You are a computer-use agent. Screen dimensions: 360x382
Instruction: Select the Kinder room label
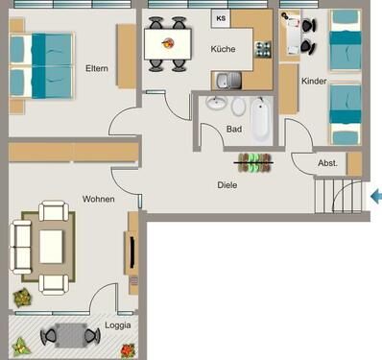point(314,82)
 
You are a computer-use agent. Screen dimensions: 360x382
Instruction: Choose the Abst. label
point(326,164)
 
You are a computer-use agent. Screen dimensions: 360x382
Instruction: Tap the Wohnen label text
point(99,200)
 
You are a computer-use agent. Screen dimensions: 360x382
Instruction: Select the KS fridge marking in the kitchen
point(221,18)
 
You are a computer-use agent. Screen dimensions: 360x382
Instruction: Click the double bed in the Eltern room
point(43,64)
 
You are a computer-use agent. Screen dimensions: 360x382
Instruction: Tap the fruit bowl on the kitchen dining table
point(169,43)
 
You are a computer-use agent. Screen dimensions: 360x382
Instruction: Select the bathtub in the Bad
point(261,119)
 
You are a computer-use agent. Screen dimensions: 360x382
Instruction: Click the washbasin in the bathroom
point(216,104)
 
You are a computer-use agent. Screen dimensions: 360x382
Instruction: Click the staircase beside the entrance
point(339,197)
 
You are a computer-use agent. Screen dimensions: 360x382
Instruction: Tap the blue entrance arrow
point(376,197)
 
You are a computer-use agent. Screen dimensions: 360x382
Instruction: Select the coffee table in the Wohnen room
point(52,244)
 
